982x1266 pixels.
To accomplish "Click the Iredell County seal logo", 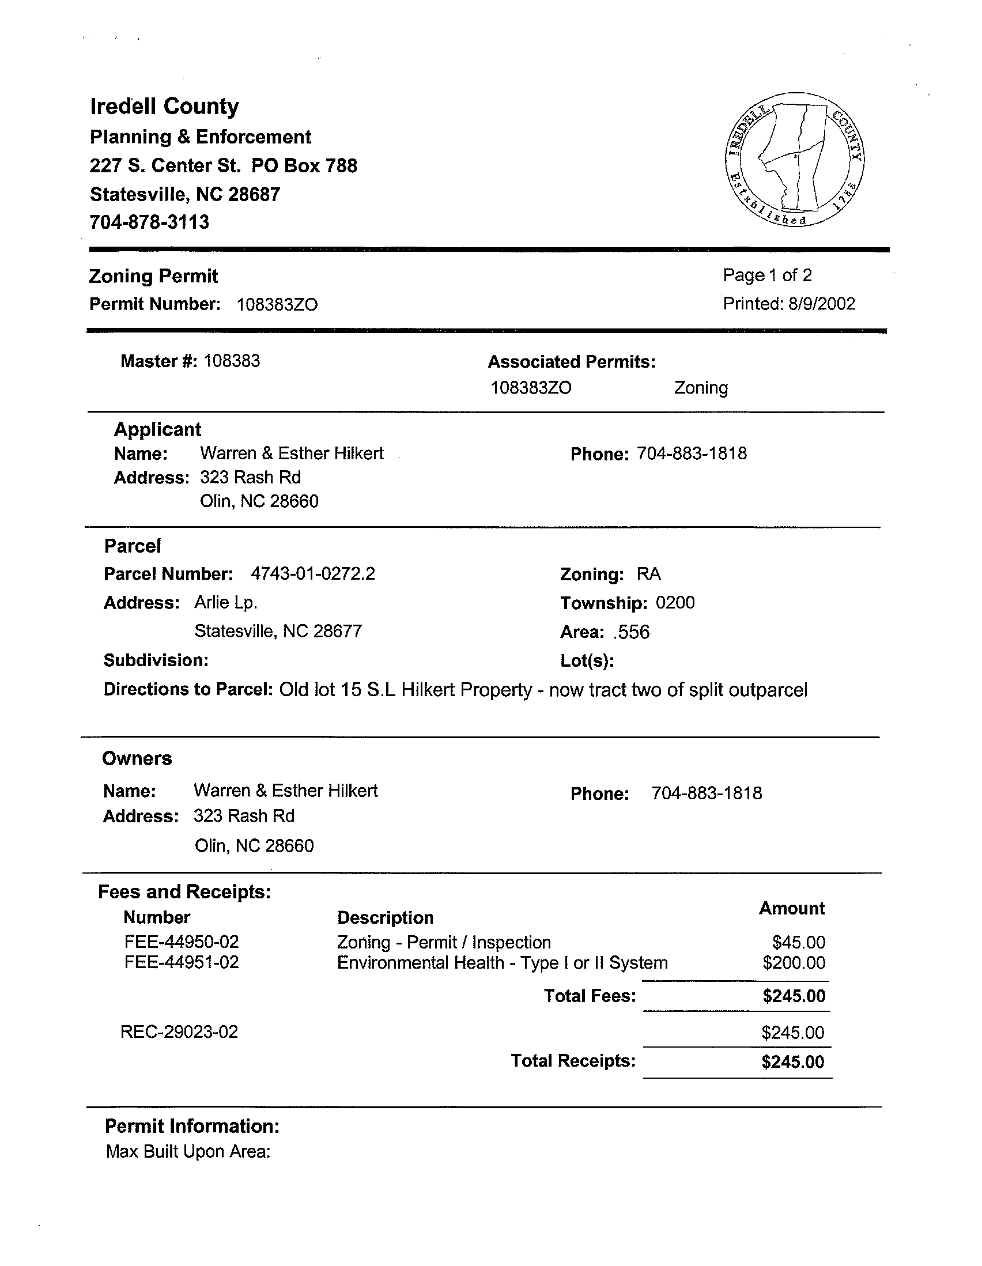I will (x=794, y=160).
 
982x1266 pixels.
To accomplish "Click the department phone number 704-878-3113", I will (x=150, y=222).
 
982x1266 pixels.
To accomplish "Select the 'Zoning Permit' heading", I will (x=153, y=276).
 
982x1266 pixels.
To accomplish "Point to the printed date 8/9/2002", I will (x=821, y=304).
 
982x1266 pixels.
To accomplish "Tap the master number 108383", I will (x=232, y=361).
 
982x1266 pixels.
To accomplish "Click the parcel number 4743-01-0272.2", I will (x=313, y=574).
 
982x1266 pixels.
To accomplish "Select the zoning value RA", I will (x=648, y=574).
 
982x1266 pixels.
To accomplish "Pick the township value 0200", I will (x=675, y=603).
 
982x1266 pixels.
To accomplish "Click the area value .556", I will (x=631, y=632).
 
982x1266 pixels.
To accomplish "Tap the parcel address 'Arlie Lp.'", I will (x=225, y=603).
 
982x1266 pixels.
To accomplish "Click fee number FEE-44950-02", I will (x=182, y=942).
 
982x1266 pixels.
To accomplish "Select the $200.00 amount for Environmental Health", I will (x=794, y=963).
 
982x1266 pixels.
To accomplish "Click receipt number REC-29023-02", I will (x=179, y=1032).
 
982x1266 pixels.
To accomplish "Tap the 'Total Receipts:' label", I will (x=573, y=1061).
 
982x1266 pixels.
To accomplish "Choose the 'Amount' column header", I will (x=791, y=908).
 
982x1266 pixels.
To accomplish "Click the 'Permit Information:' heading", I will (x=192, y=1127).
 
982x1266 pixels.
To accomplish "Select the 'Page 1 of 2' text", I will (x=767, y=275).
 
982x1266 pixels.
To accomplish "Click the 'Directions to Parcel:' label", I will (x=188, y=689).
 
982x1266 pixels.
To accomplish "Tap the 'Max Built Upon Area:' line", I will (x=188, y=1151).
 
